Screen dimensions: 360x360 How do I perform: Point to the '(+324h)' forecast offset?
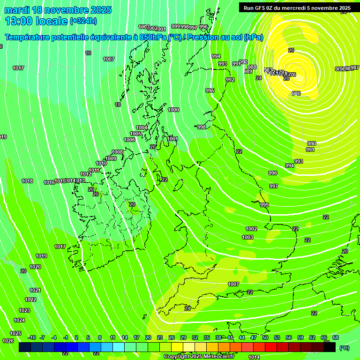83,21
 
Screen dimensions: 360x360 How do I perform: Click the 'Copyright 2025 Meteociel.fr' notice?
199,356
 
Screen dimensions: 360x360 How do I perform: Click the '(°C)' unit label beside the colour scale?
344,348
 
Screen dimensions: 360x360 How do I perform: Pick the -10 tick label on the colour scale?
32,337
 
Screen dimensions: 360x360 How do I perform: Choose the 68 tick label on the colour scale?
336,337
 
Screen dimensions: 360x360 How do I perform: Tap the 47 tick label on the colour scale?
254,337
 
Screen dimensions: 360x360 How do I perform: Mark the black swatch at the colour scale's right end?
330,347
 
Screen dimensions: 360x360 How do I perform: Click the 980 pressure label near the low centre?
296,94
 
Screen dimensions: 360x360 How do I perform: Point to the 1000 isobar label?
173,110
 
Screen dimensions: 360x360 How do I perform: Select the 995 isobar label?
210,90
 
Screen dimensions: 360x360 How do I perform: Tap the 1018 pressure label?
27,181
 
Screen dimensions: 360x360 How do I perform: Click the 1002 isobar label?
251,229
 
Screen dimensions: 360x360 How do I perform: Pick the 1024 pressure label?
19,320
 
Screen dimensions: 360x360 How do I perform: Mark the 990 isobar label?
311,143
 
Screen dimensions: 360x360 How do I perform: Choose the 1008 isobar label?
117,152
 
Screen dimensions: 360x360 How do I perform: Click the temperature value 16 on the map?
88,53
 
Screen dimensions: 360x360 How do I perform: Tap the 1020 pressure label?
35,267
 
